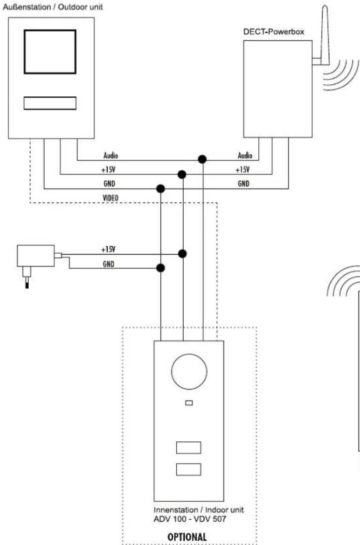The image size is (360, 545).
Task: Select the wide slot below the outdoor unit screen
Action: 50,102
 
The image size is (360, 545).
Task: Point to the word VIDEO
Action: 110,197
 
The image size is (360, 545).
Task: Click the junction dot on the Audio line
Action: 202,159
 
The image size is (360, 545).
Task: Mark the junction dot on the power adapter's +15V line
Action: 183,254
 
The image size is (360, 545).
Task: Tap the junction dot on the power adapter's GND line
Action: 160,268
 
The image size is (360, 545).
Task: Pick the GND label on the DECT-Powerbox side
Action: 244,183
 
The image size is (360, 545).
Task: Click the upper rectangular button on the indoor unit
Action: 188,447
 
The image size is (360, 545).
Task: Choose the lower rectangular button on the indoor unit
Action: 188,469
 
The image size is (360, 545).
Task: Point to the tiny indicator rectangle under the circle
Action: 188,404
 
